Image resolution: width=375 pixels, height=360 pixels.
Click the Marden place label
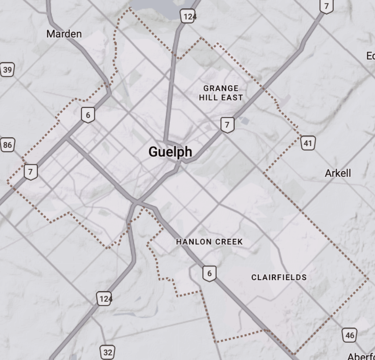coord(64,34)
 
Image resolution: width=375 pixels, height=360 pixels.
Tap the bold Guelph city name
coord(170,152)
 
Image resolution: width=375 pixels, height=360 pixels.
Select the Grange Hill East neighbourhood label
coord(221,93)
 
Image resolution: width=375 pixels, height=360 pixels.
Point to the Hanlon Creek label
coord(209,242)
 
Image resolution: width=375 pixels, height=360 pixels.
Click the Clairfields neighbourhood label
coord(279,277)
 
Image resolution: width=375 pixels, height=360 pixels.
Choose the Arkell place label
coord(337,173)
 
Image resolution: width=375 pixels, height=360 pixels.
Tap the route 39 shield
coord(7,70)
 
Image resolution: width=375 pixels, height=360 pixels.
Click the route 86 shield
coord(7,145)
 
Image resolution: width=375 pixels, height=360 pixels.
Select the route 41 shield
coord(308,143)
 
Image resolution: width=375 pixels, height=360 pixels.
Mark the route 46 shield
coord(349,335)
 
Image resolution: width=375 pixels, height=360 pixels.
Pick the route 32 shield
coord(108,352)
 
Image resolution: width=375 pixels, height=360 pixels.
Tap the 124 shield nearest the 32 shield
coord(104,298)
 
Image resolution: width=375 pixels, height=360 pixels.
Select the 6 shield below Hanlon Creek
coord(209,273)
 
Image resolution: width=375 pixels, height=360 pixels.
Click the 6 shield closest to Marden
coord(88,115)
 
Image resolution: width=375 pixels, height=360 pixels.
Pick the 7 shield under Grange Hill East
coord(227,125)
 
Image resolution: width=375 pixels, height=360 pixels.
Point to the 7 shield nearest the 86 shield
coord(31,172)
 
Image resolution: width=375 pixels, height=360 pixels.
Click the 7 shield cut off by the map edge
coord(326,6)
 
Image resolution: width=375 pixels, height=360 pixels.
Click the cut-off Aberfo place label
coord(361,356)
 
